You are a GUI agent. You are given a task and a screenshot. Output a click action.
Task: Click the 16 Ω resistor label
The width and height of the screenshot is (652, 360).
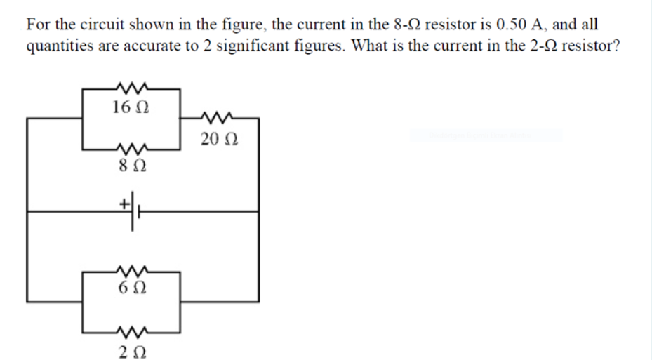pyautogui.click(x=130, y=107)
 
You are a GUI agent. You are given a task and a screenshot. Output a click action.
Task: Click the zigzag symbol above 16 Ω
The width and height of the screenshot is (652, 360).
pyautogui.click(x=131, y=88)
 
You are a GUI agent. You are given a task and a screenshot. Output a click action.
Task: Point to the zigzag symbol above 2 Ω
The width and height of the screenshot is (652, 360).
pyautogui.click(x=131, y=331)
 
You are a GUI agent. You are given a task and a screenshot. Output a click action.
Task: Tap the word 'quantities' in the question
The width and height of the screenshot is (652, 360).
pyautogui.click(x=58, y=47)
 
